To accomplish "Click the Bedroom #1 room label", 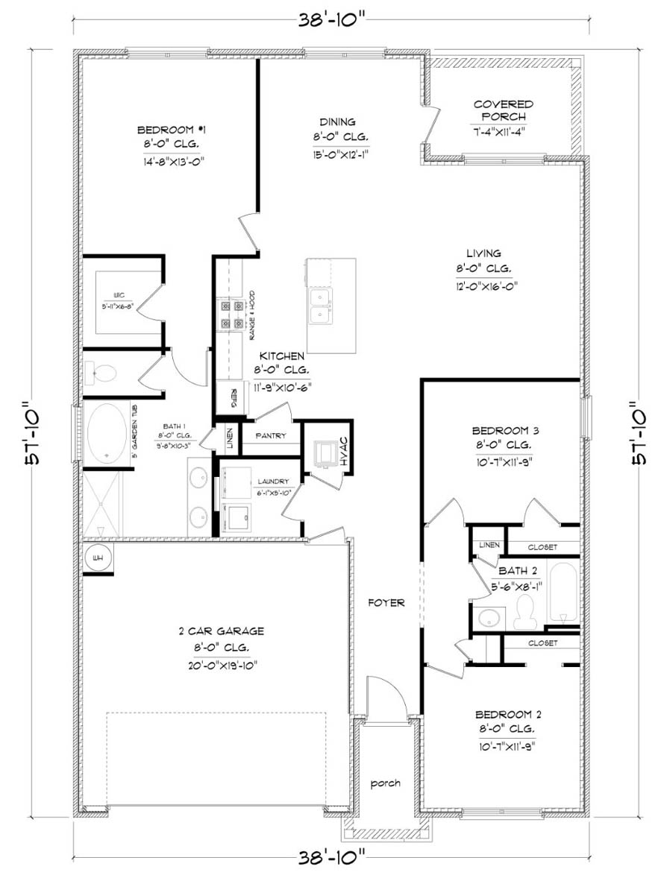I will (x=167, y=127).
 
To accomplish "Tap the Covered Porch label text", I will (x=503, y=110).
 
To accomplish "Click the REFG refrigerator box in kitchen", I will (x=234, y=394).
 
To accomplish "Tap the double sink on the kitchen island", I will (x=322, y=305).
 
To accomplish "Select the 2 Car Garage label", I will (x=211, y=631).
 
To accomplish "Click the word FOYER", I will (x=386, y=602).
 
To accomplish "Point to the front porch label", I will (x=386, y=783).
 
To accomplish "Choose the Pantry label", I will (x=270, y=435).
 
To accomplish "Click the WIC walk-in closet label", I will (x=119, y=294).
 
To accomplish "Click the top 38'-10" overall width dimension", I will (x=332, y=19).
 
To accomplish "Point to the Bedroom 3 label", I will (x=501, y=430).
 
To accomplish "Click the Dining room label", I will (x=338, y=121).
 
